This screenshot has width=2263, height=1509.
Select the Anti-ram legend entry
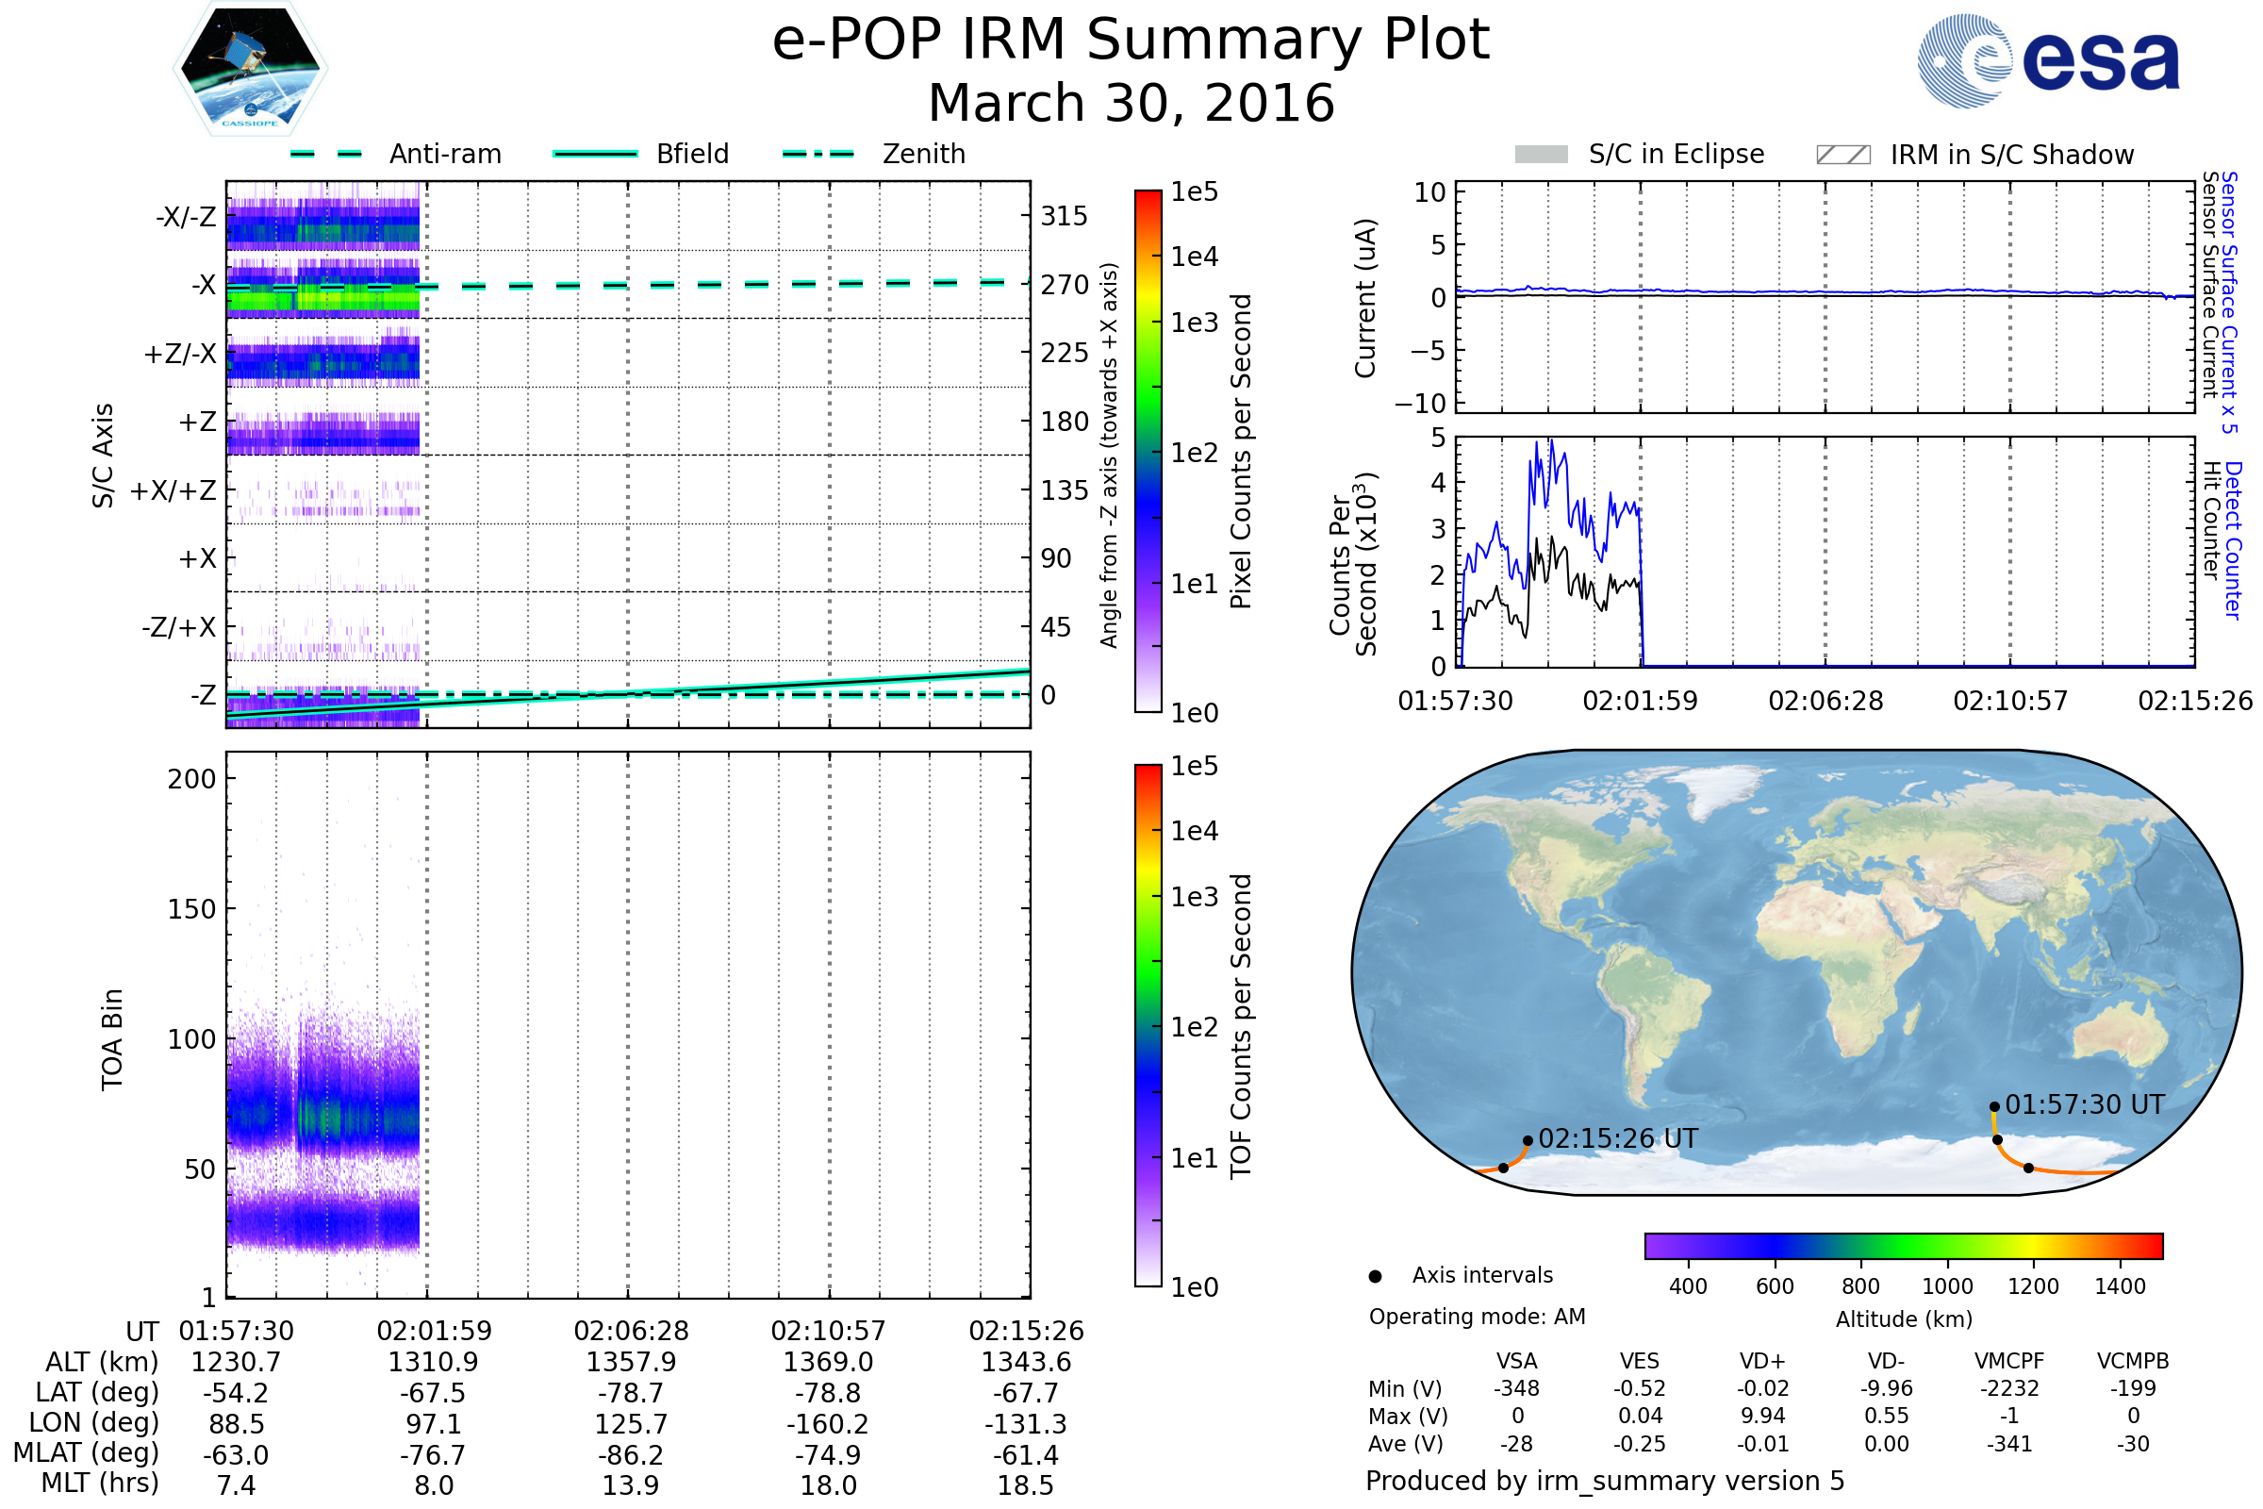(396, 154)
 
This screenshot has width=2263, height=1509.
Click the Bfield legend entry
(642, 154)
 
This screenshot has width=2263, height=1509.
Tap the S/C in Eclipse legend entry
(1640, 155)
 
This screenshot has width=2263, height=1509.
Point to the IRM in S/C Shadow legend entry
(1974, 155)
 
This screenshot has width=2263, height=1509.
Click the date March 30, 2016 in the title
(1131, 103)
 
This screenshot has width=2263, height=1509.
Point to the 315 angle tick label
(1064, 216)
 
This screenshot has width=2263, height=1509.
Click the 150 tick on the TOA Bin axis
(191, 909)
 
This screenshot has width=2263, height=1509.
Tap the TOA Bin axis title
(112, 1039)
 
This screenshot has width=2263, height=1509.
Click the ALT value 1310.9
(433, 1362)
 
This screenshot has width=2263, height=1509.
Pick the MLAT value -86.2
(630, 1454)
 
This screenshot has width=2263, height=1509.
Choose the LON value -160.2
(828, 1423)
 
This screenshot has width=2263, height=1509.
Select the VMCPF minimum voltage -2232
(2009, 1388)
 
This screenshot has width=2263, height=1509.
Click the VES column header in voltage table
(1640, 1361)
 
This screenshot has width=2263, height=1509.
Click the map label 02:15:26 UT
(1617, 1138)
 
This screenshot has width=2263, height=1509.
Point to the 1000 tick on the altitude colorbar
(1947, 1286)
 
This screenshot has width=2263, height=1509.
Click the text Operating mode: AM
(1477, 1317)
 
